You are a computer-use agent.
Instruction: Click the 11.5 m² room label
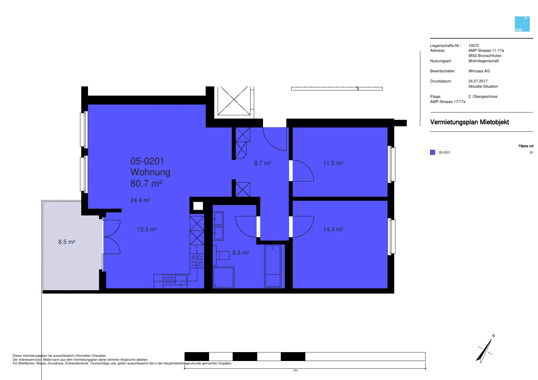(333, 163)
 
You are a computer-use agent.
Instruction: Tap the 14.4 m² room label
(333, 229)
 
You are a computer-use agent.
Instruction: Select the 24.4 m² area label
(140, 200)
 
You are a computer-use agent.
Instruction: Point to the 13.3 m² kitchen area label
(147, 229)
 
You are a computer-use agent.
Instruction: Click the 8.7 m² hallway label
(262, 163)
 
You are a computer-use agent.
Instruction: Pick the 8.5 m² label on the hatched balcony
(67, 242)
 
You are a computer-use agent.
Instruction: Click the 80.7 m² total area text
(146, 184)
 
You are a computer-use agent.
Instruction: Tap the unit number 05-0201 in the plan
(147, 161)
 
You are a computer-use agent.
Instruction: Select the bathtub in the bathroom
(273, 266)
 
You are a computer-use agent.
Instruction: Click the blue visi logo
(522, 24)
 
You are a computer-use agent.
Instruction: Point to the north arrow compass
(485, 349)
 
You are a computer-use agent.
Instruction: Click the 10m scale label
(295, 370)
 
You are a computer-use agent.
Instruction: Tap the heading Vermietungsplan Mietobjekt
(469, 122)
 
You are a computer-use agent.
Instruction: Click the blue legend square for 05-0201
(433, 152)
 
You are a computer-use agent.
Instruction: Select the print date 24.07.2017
(478, 81)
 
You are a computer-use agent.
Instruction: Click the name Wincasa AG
(479, 71)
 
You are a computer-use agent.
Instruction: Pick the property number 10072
(474, 46)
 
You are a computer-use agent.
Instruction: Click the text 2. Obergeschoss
(483, 97)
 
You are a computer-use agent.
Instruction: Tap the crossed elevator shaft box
(234, 101)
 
